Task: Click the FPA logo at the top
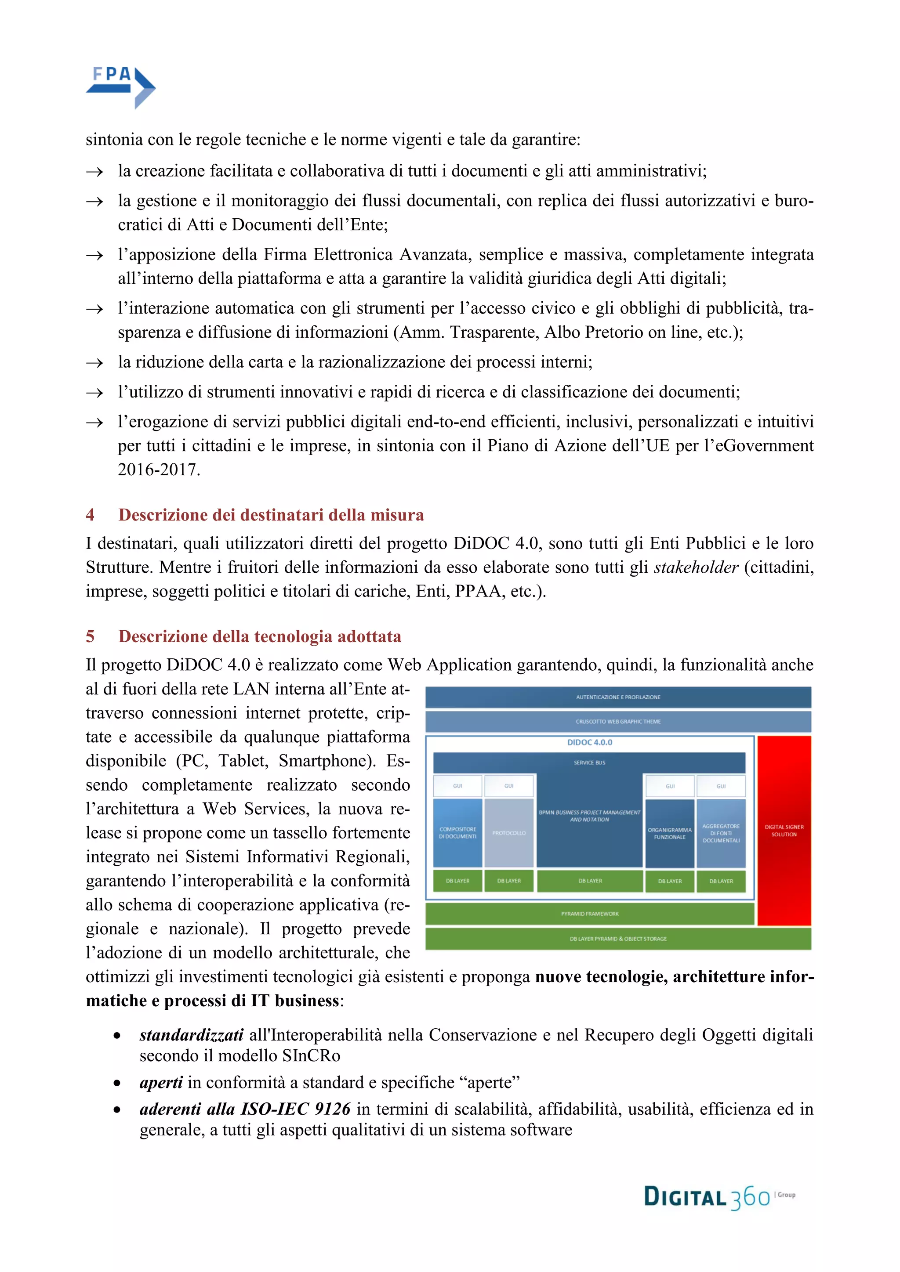pos(120,87)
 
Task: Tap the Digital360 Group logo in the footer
pos(719,1198)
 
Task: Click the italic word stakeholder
pos(696,567)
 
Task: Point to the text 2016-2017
pos(159,470)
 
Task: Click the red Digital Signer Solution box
pos(784,831)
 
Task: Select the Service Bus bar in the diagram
pos(589,763)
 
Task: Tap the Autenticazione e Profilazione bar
pos(618,697)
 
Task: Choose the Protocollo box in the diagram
pos(509,833)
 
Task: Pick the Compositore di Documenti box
pos(458,833)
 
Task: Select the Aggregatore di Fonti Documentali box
pos(721,833)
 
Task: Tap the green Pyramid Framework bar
pos(590,914)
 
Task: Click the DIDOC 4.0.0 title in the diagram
pos(590,742)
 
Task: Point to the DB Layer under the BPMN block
pos(590,881)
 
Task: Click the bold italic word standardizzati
pos(191,1035)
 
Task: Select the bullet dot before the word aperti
pos(117,1083)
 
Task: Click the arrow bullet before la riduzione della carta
pos(95,363)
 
